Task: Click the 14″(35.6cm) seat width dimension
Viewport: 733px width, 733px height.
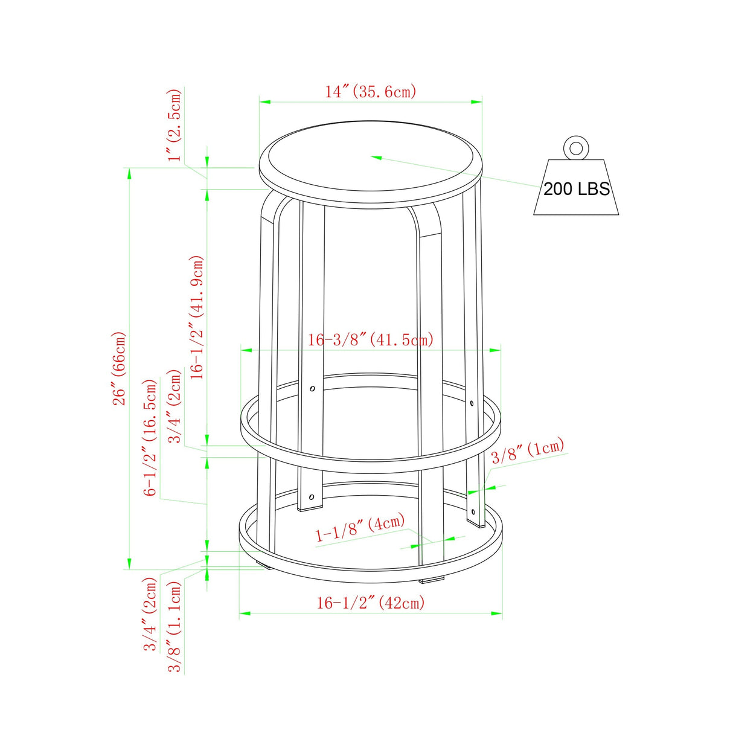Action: click(x=371, y=92)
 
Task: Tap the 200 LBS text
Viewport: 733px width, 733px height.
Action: click(x=577, y=188)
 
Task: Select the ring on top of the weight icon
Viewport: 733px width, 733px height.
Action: click(x=576, y=148)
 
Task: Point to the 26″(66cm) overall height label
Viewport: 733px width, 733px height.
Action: click(x=120, y=368)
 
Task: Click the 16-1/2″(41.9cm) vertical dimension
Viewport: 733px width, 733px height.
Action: click(x=197, y=317)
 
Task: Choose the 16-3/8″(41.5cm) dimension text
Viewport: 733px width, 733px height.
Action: click(x=371, y=339)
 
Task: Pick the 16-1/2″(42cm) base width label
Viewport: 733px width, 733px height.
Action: click(x=371, y=603)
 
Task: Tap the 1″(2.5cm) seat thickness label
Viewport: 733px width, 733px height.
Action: click(x=175, y=126)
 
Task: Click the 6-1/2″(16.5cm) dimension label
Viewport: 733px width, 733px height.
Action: click(x=150, y=437)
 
